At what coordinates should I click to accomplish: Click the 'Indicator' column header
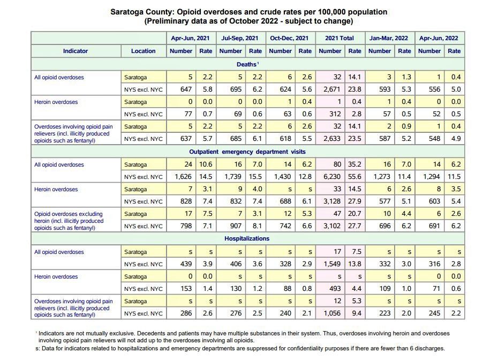(x=75, y=51)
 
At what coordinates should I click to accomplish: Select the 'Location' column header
(x=143, y=51)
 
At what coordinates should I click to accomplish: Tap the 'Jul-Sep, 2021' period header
(x=239, y=38)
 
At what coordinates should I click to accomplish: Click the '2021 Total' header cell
(x=339, y=38)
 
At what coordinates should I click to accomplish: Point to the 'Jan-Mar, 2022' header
(x=389, y=38)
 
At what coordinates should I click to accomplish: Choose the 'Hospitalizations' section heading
(x=247, y=238)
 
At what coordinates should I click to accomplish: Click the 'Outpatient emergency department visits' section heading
(x=247, y=152)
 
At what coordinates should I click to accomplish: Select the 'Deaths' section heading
(x=247, y=64)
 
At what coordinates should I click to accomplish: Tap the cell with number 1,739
(x=231, y=177)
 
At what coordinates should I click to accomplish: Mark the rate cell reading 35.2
(x=355, y=165)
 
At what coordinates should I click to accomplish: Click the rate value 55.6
(x=355, y=177)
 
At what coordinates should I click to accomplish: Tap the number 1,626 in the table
(x=182, y=177)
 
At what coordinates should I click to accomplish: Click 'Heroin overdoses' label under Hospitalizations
(x=56, y=277)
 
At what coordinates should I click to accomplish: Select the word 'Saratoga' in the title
(x=126, y=12)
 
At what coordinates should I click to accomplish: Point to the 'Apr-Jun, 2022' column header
(x=439, y=38)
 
